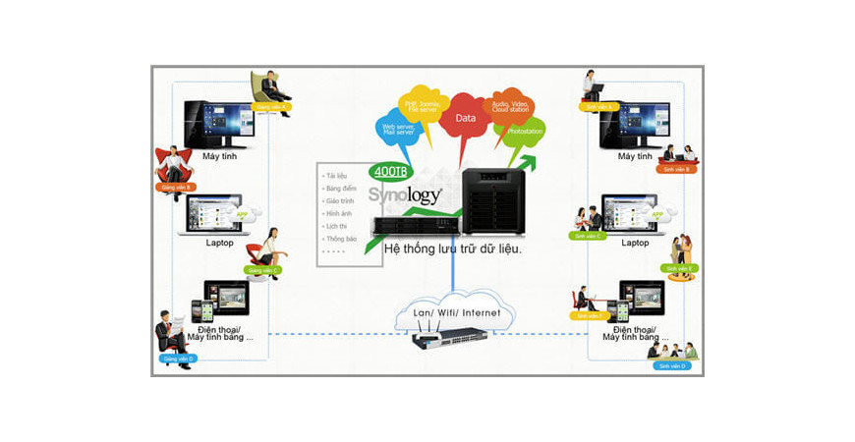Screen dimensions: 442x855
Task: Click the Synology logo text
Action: click(x=405, y=193)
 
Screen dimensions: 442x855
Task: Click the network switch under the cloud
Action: click(x=448, y=340)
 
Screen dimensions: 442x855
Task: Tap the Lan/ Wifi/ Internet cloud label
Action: click(x=456, y=312)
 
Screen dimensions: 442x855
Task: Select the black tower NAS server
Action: click(x=496, y=201)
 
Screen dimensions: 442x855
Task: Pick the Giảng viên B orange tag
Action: click(x=176, y=187)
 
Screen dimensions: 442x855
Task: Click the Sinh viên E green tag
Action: click(x=679, y=268)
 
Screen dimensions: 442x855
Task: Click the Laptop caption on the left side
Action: click(x=219, y=243)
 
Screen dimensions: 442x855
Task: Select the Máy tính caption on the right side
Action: click(x=635, y=156)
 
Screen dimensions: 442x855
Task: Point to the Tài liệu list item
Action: click(x=337, y=174)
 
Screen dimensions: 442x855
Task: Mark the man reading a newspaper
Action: click(x=173, y=333)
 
